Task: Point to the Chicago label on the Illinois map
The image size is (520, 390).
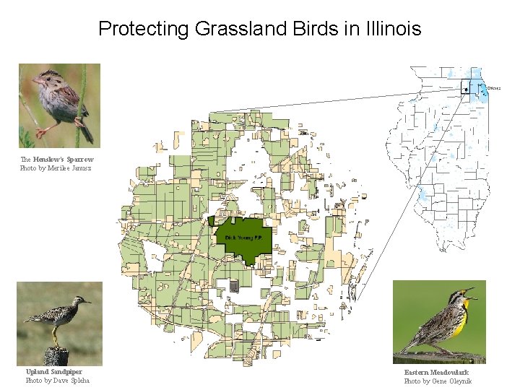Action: pos(494,87)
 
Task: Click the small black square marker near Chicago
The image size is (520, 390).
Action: pos(466,90)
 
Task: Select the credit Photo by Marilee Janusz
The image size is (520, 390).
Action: pos(55,168)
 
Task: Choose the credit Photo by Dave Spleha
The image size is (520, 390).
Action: pos(57,381)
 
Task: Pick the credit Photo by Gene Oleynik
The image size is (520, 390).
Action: pos(438,381)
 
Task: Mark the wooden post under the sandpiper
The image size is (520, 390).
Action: pos(55,356)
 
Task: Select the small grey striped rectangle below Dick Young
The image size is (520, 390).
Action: pos(234,286)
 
